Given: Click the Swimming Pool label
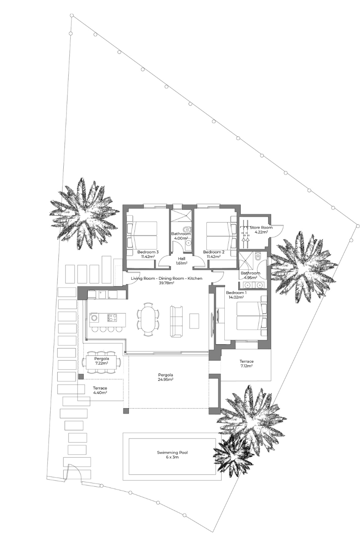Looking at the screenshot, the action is (172, 452).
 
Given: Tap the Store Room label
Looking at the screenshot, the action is (261, 227).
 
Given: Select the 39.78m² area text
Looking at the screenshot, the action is (167, 283).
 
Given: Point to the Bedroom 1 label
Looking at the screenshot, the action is (236, 293).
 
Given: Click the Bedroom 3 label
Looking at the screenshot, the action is (148, 252).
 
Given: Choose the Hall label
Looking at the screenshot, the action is (181, 258).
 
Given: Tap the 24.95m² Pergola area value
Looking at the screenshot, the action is (165, 380).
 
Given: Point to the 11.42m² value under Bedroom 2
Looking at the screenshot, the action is (214, 256).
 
